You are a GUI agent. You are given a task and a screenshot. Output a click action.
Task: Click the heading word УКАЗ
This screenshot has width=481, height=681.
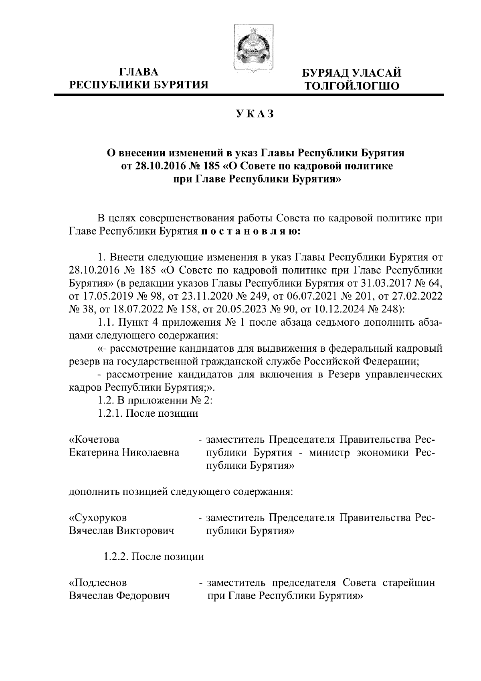click(x=255, y=114)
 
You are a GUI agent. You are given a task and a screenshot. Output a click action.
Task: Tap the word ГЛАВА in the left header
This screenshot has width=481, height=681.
click(x=139, y=73)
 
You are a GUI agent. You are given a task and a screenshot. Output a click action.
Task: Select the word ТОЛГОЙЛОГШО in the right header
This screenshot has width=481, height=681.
click(x=352, y=86)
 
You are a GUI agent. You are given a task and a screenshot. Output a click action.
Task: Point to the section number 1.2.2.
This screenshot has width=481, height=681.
click(x=115, y=557)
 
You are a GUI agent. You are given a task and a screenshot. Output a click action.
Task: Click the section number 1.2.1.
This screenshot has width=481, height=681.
click(x=110, y=413)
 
